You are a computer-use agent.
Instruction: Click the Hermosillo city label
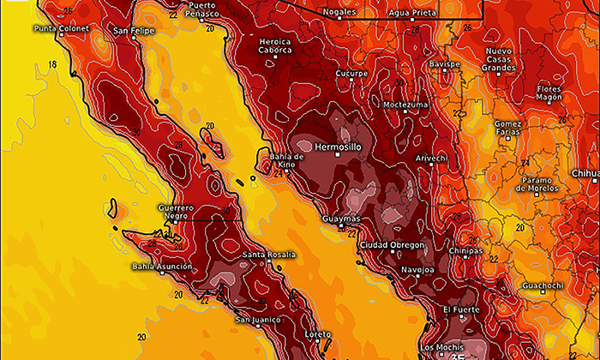tap(338, 147)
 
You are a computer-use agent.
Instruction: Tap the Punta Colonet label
tap(61, 29)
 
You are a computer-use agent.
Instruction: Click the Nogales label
tap(339, 12)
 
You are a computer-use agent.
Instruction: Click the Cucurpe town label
tap(351, 74)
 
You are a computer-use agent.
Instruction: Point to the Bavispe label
tap(445, 64)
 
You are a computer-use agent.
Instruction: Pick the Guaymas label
tap(340, 219)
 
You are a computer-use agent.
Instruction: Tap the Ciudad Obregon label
tap(391, 245)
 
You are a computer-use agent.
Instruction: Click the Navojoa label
tap(417, 271)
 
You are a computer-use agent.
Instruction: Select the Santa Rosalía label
tap(268, 255)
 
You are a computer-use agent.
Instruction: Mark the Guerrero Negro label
tap(176, 212)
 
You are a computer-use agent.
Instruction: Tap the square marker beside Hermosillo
tap(337, 155)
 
